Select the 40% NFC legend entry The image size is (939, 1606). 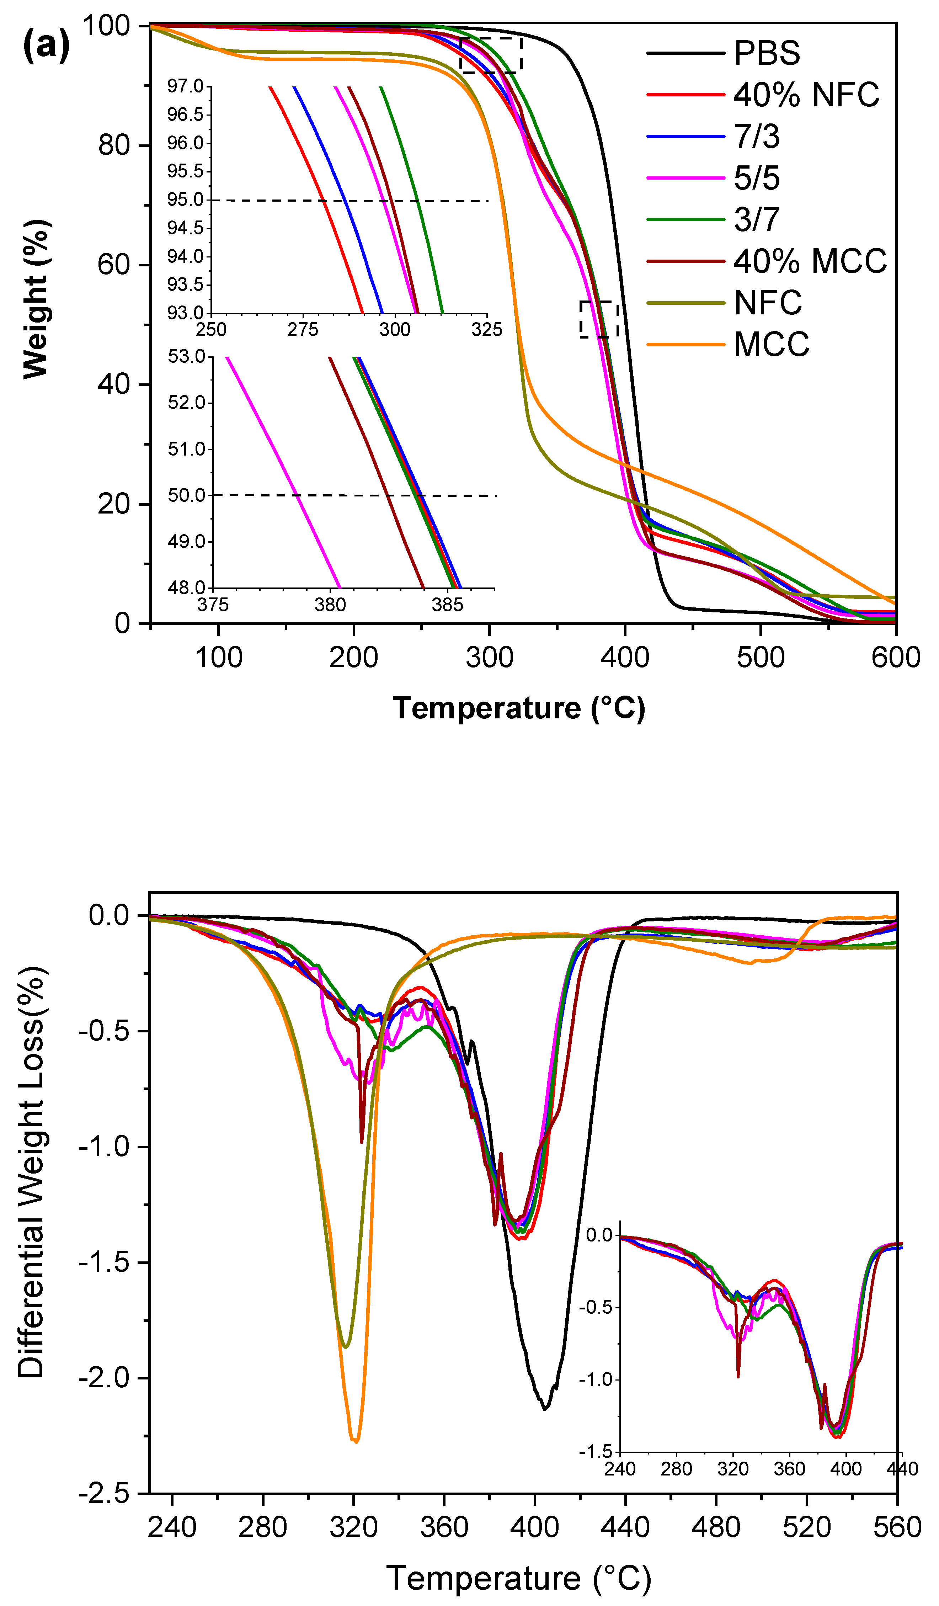[806, 95]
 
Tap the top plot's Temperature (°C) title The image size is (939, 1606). [518, 708]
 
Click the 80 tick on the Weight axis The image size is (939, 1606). [115, 145]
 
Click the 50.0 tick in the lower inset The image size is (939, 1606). [187, 495]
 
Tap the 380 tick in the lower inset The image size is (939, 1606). [330, 604]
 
